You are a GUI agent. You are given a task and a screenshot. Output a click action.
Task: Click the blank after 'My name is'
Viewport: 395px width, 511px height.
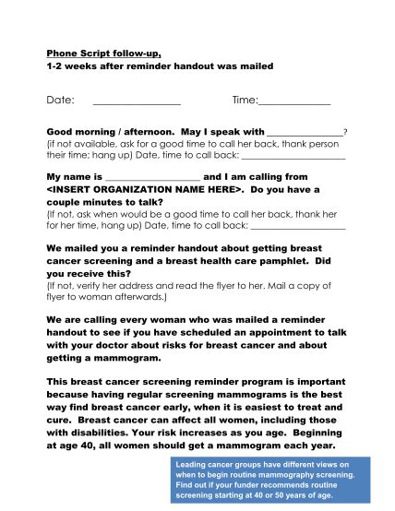pyautogui.click(x=152, y=176)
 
